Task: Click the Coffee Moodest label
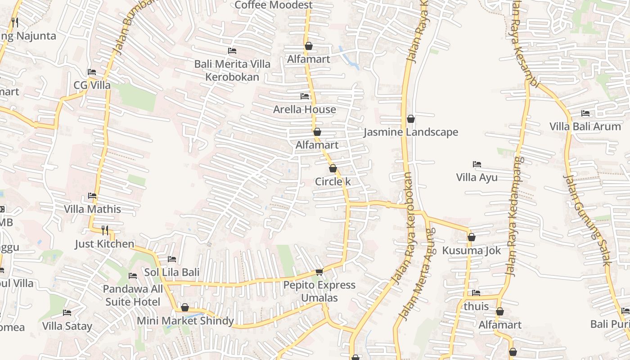(273, 5)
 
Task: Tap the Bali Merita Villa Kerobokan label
(232, 70)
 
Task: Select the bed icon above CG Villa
(92, 72)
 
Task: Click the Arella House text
(305, 109)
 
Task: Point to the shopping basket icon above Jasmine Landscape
(410, 119)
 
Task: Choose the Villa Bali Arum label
(585, 126)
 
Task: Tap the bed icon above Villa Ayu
(477, 164)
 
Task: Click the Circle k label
(333, 182)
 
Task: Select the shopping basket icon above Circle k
(333, 168)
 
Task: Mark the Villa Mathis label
(92, 209)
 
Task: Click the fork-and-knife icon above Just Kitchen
(105, 230)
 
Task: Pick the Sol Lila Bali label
(171, 272)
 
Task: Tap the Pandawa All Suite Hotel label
(133, 295)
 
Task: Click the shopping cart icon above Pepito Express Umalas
(319, 271)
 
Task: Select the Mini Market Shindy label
(185, 321)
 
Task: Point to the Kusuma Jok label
(471, 251)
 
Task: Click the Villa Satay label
(67, 326)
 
